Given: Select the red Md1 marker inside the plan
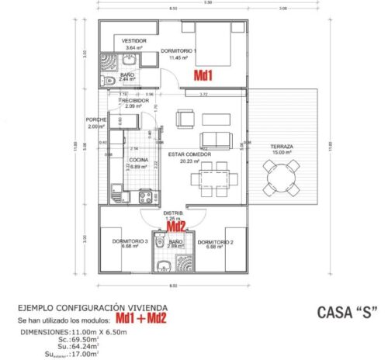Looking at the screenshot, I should pyautogui.click(x=203, y=75).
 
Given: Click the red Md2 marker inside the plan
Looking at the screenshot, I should pyautogui.click(x=178, y=227).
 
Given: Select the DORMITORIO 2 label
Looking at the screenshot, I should pyautogui.click(x=214, y=242).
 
